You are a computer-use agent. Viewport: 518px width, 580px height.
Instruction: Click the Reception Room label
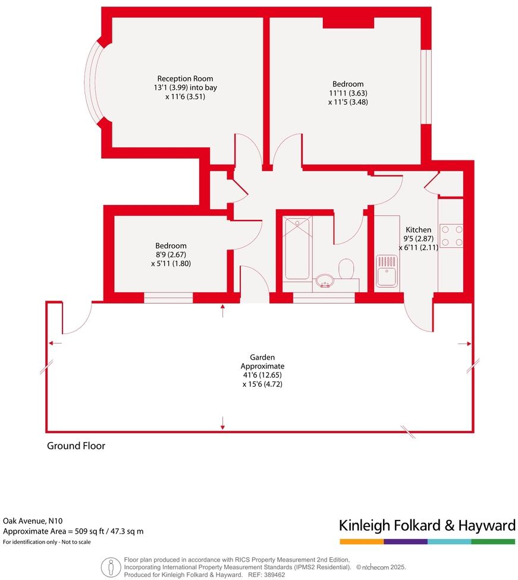click(185, 78)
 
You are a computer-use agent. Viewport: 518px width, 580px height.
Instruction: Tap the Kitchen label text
click(418, 230)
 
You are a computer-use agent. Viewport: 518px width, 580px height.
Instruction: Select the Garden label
click(262, 357)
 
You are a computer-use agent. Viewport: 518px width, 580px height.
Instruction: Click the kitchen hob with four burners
click(451, 236)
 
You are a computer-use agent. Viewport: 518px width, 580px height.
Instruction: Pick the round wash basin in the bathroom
click(324, 279)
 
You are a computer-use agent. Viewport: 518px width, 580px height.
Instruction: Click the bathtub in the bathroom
click(297, 248)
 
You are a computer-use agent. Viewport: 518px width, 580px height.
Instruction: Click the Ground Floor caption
click(76, 446)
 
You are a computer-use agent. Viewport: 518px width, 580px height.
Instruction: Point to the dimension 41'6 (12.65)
click(262, 375)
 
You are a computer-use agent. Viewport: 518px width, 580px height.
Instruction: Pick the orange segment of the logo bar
click(362, 542)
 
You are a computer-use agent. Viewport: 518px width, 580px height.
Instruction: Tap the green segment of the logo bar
click(493, 542)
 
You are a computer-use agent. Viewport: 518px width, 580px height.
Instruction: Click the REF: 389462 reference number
click(269, 575)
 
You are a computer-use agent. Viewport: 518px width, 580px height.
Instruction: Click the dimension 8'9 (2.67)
click(171, 254)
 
